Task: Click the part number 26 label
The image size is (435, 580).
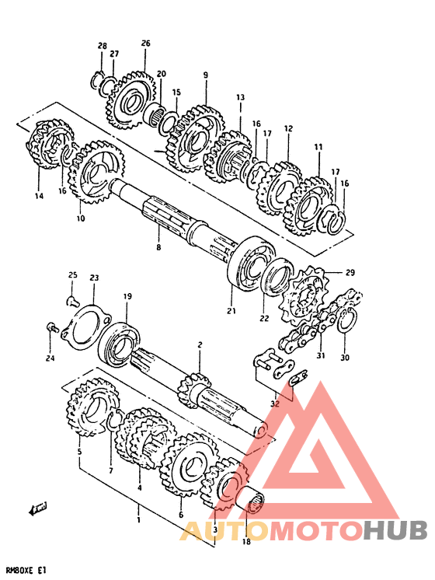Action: pos(145,44)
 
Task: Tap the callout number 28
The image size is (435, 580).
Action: pos(103,46)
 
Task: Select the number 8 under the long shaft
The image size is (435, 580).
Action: pos(158,247)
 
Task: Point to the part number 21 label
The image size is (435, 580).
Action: pos(231,311)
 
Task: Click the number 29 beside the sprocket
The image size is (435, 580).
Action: pos(350,273)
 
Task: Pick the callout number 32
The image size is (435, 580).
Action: pos(275,404)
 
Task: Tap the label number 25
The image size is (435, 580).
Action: pos(72,274)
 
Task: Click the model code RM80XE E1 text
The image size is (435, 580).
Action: pos(26,571)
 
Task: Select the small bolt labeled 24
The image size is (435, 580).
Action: pos(52,327)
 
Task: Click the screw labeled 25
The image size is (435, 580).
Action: pos(72,302)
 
